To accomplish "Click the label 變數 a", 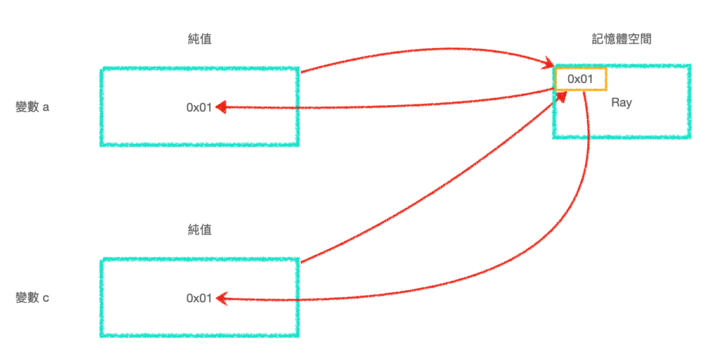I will click(32, 107).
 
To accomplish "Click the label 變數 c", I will click(32, 298).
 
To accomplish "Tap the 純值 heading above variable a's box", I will click(200, 39).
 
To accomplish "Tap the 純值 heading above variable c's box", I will click(200, 229).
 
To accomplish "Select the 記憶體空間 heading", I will click(621, 39).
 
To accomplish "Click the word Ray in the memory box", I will click(621, 102).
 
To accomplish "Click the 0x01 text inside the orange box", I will click(580, 79).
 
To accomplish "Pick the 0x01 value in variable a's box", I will click(198, 108).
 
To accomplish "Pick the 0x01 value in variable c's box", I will click(198, 298).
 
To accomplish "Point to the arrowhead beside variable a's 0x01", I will click(221, 107).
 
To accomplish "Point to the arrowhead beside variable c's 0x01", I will click(221, 297).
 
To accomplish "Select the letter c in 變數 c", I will click(46, 298).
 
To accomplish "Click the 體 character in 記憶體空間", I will click(621, 39).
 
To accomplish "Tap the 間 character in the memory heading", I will click(646, 39).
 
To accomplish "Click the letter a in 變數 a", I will click(46, 107).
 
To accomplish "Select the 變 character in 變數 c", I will click(21, 298).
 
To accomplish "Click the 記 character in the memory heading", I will click(597, 39).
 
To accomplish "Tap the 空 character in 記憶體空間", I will click(633, 39).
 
